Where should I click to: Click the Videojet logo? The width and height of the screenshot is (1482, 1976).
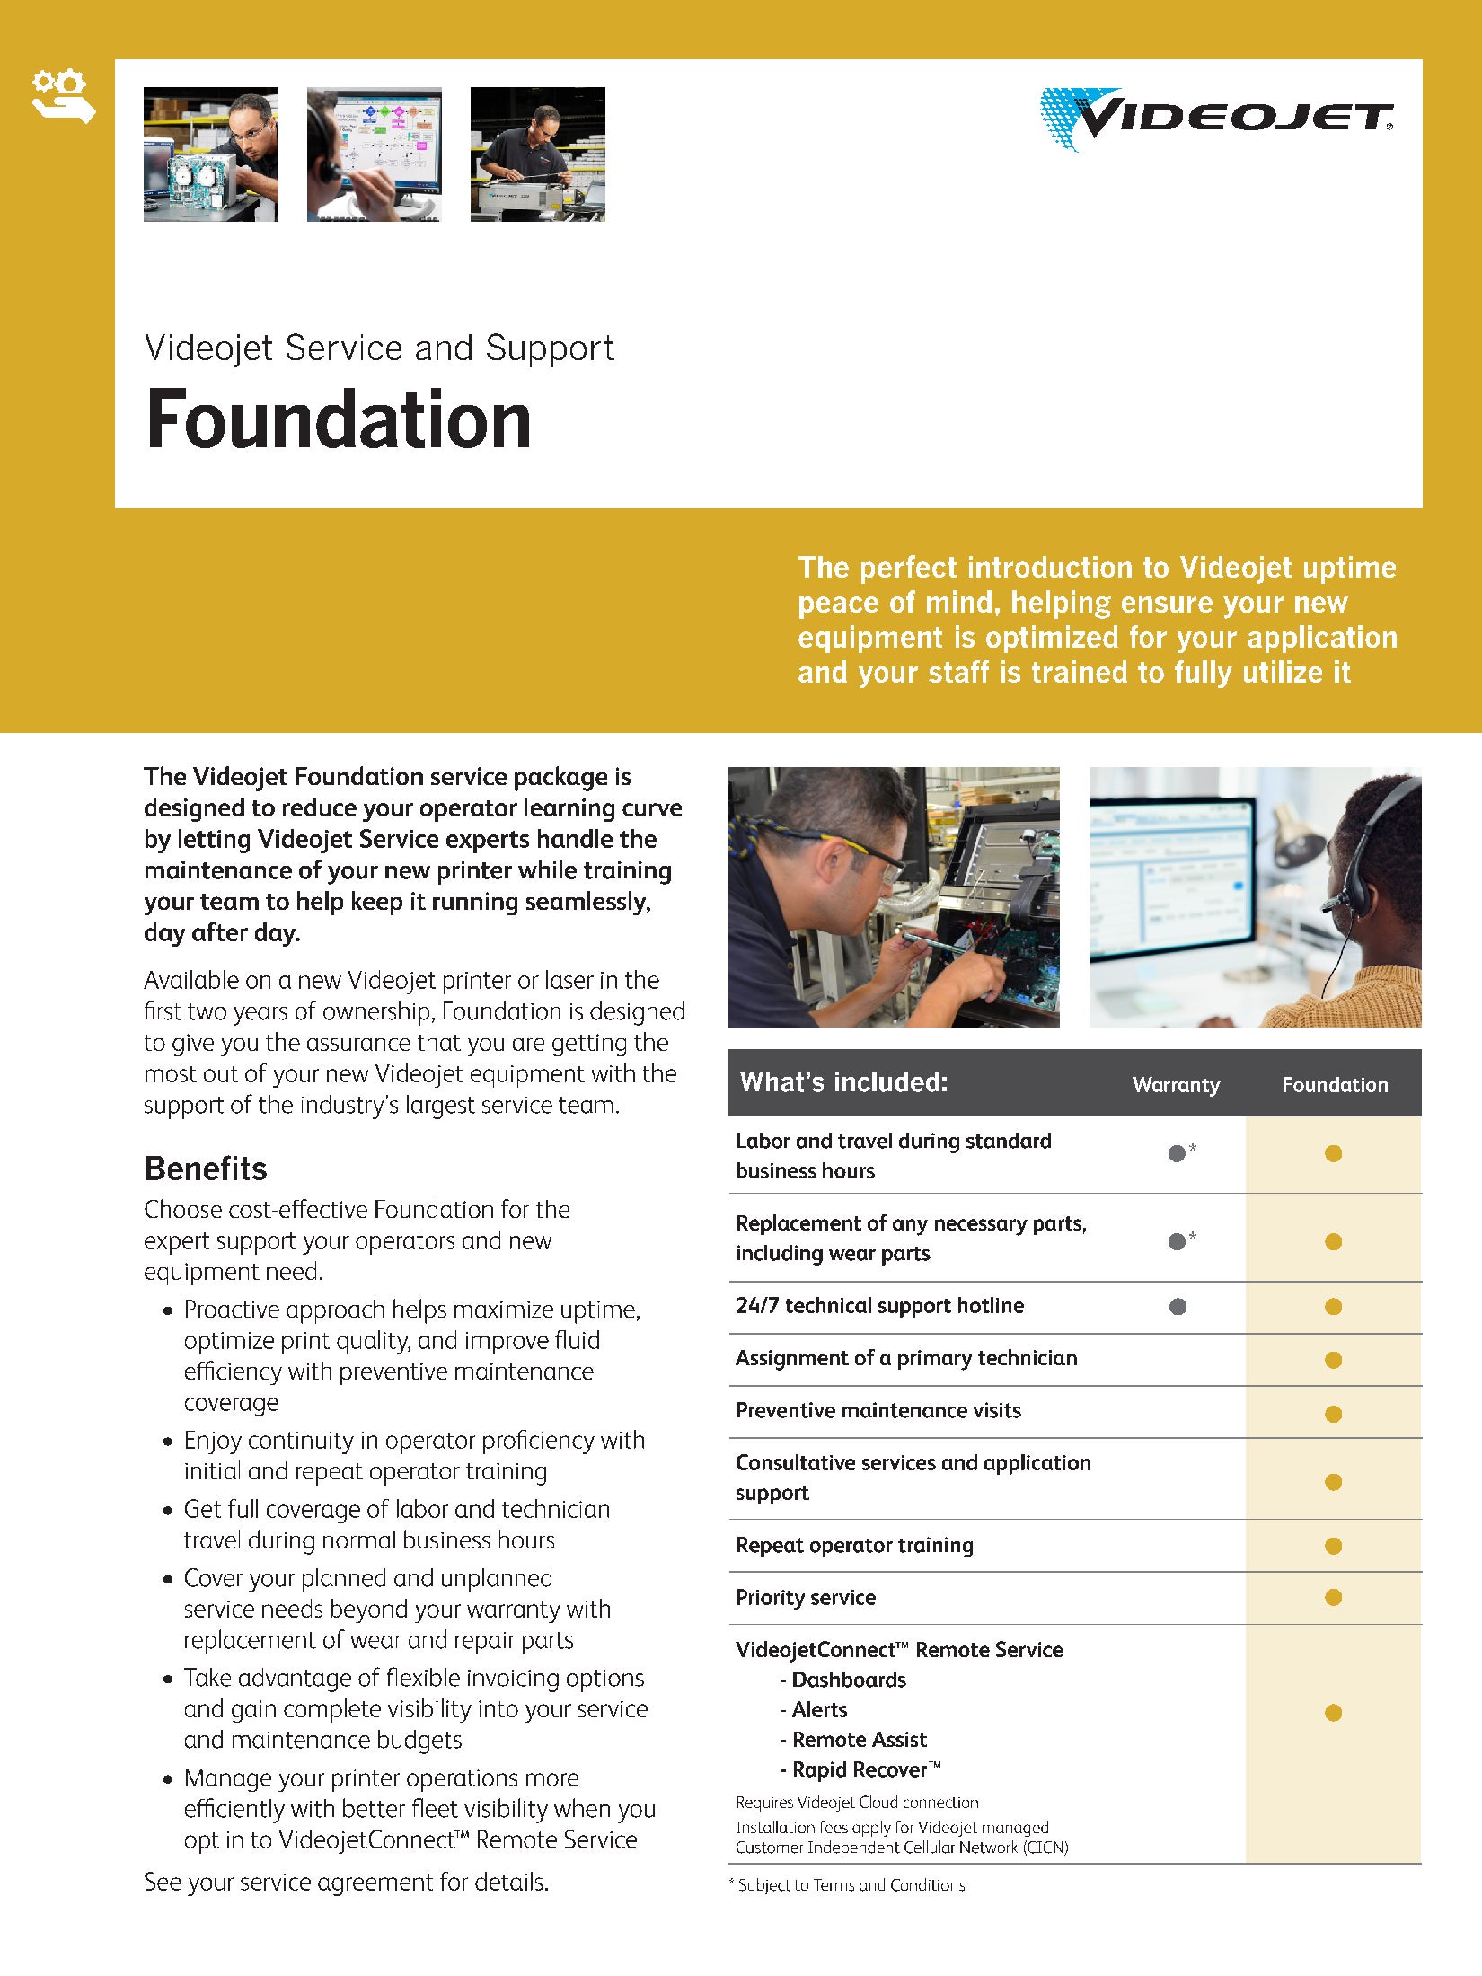pos(1217,119)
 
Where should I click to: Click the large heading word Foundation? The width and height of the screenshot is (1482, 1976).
pos(339,420)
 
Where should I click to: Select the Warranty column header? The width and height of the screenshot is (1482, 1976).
pos(1176,1084)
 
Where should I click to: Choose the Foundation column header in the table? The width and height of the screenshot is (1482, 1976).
pos(1334,1084)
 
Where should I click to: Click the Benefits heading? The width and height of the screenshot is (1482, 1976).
pos(206,1169)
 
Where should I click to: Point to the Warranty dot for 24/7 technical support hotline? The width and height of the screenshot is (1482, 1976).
pos(1178,1307)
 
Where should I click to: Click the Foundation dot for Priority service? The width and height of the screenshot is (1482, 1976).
pos(1333,1597)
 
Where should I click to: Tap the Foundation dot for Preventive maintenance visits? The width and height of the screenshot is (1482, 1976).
pos(1333,1414)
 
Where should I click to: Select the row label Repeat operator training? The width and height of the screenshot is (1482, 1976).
pos(854,1545)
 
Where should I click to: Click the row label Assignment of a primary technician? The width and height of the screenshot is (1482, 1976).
pos(906,1358)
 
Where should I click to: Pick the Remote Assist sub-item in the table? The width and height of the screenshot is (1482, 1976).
pos(859,1740)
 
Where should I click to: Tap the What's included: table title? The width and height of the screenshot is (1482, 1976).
pos(843,1082)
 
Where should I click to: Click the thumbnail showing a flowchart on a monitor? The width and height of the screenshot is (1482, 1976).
pos(375,154)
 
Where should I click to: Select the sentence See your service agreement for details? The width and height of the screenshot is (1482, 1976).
pos(346,1882)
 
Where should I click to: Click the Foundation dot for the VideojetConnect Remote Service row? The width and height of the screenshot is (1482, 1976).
pos(1333,1713)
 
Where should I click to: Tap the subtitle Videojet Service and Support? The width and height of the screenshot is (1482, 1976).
pos(379,348)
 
